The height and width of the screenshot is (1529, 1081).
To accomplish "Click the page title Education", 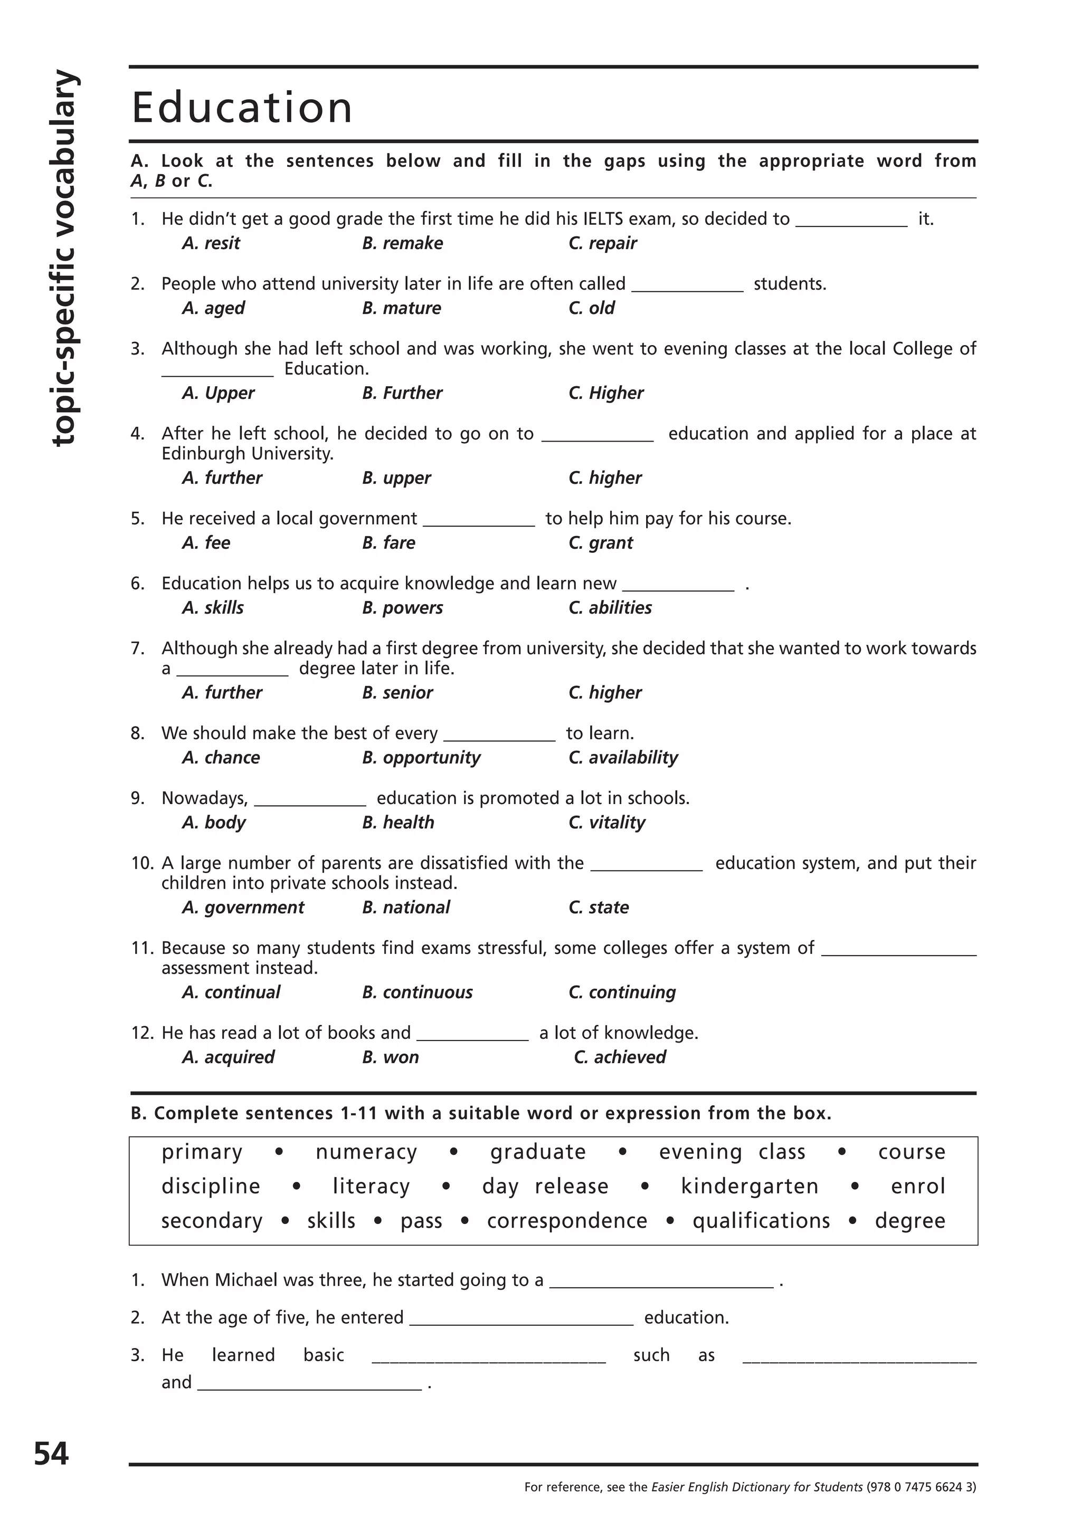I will (242, 108).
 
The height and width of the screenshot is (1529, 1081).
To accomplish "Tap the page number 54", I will (51, 1453).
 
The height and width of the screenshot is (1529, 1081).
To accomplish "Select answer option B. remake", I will (402, 243).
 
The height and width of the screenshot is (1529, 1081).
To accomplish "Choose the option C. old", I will (592, 308).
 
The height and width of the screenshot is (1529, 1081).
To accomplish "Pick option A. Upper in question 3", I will (218, 393).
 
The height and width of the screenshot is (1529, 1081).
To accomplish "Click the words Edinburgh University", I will (247, 454).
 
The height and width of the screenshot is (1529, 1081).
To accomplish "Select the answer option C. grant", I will (600, 543).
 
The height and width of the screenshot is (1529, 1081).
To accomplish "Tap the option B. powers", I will (402, 607).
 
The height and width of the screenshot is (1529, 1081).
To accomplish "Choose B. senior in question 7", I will (397, 693).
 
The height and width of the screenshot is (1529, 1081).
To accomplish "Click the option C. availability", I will (623, 757).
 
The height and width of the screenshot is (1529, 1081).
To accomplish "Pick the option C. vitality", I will (607, 823).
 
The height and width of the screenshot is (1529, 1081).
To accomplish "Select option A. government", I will (243, 907).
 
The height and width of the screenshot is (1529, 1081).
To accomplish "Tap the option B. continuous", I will (417, 992).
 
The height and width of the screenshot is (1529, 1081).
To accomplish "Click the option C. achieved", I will (620, 1057).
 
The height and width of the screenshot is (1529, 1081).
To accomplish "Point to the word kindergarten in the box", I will (750, 1186).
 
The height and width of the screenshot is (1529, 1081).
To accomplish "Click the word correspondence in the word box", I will (567, 1221).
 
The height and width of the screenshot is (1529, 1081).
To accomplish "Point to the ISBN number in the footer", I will (921, 1487).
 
